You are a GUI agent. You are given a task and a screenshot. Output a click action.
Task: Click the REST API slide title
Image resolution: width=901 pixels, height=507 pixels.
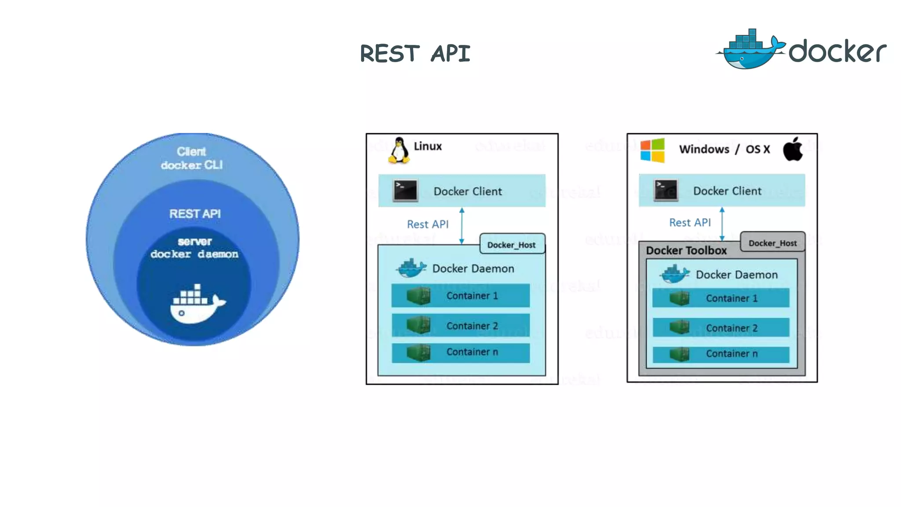pyautogui.click(x=415, y=54)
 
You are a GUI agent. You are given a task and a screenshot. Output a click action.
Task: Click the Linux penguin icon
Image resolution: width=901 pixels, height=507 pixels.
pyautogui.click(x=399, y=151)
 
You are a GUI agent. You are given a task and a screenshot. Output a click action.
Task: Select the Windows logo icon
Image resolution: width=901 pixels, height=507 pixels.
pyautogui.click(x=652, y=150)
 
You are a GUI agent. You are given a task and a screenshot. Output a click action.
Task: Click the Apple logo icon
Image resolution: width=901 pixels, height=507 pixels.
pyautogui.click(x=793, y=149)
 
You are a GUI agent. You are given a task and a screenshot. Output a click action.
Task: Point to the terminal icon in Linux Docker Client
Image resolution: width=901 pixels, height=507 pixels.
pyautogui.click(x=405, y=191)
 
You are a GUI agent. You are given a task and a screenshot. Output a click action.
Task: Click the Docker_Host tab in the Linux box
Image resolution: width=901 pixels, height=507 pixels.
pyautogui.click(x=512, y=245)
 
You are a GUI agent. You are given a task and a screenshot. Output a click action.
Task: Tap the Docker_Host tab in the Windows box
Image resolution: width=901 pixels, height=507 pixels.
pyautogui.click(x=773, y=243)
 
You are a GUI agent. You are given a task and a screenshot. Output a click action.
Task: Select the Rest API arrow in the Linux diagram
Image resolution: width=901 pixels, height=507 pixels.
pyautogui.click(x=461, y=226)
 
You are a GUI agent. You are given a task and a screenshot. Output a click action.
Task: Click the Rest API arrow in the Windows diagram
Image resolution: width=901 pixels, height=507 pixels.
pyautogui.click(x=722, y=224)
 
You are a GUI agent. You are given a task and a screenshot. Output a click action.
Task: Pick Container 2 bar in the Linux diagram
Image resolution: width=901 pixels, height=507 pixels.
pyautogui.click(x=461, y=325)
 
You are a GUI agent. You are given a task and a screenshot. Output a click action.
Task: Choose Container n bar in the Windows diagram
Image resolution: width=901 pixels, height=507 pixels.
pyautogui.click(x=721, y=354)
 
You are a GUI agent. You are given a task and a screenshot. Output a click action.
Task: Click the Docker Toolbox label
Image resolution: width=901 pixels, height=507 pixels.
pyautogui.click(x=686, y=250)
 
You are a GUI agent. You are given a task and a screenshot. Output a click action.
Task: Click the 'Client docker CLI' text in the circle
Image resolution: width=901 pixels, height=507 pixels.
pyautogui.click(x=192, y=158)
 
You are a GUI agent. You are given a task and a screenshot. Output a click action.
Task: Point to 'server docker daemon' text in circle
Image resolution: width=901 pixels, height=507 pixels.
pyautogui.click(x=194, y=248)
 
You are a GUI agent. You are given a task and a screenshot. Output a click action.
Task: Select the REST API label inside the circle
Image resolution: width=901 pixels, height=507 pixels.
pyautogui.click(x=195, y=214)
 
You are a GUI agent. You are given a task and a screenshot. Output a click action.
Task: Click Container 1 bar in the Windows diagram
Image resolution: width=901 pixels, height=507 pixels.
pyautogui.click(x=721, y=298)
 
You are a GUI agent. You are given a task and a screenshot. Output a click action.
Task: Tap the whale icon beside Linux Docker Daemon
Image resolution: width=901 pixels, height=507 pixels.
pyautogui.click(x=411, y=268)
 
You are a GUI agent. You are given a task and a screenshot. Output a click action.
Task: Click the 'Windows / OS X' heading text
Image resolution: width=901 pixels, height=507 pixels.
pyautogui.click(x=724, y=149)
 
